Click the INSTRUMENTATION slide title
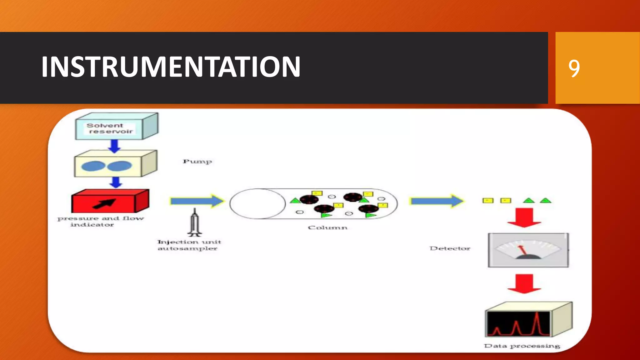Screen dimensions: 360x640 (x=171, y=67)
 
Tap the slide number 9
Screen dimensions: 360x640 (x=574, y=68)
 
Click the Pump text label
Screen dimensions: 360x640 (x=197, y=162)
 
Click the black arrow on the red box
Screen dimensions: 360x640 (x=104, y=204)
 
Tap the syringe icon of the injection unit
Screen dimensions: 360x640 (x=195, y=222)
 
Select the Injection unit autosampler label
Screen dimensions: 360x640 (x=189, y=245)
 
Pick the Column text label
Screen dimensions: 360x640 (x=327, y=228)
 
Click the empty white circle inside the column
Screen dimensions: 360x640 (x=257, y=204)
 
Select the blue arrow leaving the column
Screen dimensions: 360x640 (x=437, y=201)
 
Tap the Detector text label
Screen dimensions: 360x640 (x=450, y=248)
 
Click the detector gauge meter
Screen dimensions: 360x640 (x=528, y=250)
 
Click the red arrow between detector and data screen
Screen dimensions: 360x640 (x=524, y=283)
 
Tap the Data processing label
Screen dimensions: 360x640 (x=522, y=346)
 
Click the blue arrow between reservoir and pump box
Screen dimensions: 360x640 (x=115, y=146)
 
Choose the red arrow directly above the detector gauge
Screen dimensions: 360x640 (x=524, y=217)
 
